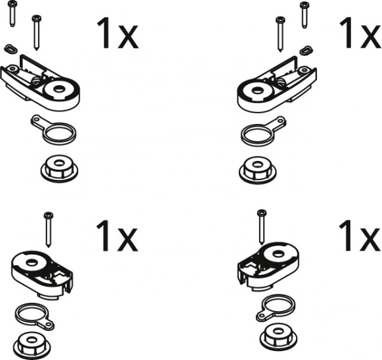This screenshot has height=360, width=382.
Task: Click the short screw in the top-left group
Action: (12, 13)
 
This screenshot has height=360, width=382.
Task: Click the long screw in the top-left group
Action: (36, 33)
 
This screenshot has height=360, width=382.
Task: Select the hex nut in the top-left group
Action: (59, 168)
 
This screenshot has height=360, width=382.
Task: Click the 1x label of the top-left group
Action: (117, 33)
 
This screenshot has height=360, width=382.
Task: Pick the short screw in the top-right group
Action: (304, 15)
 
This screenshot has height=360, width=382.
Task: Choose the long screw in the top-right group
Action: (280, 34)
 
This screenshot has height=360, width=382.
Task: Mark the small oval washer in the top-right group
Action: (306, 50)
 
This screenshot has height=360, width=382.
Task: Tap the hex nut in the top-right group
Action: (257, 170)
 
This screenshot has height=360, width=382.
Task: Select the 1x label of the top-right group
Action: (360, 32)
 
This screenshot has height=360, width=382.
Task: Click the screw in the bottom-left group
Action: (48, 230)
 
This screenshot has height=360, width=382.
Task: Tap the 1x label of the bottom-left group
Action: (117, 235)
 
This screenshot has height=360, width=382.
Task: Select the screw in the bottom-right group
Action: (262, 227)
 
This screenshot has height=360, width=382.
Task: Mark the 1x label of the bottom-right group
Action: (360, 235)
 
